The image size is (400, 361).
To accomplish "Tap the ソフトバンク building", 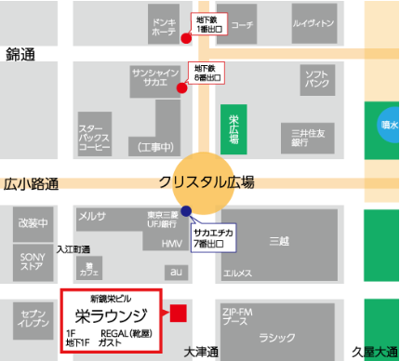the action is [316, 78].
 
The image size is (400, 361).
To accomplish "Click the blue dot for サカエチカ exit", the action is [187, 210].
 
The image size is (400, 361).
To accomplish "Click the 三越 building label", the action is [279, 241].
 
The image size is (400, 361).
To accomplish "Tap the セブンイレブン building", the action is [33, 321].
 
